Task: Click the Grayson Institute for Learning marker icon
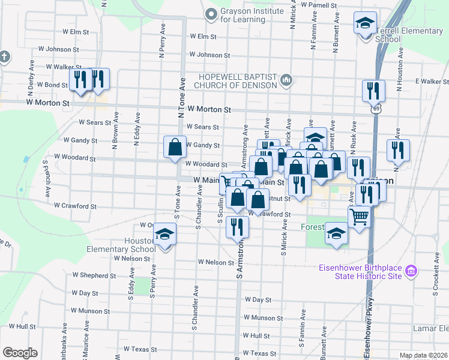(x=210, y=13)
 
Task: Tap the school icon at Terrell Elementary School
(x=364, y=25)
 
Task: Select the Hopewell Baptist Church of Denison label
(x=239, y=80)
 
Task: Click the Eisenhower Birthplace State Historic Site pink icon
(x=411, y=271)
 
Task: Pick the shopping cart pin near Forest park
(x=359, y=217)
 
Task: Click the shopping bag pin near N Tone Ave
(x=175, y=147)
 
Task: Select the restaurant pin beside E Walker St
(x=373, y=91)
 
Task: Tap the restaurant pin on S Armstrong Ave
(x=238, y=227)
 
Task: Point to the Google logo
(x=20, y=353)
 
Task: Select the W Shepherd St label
(x=94, y=275)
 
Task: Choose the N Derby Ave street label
(x=31, y=76)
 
